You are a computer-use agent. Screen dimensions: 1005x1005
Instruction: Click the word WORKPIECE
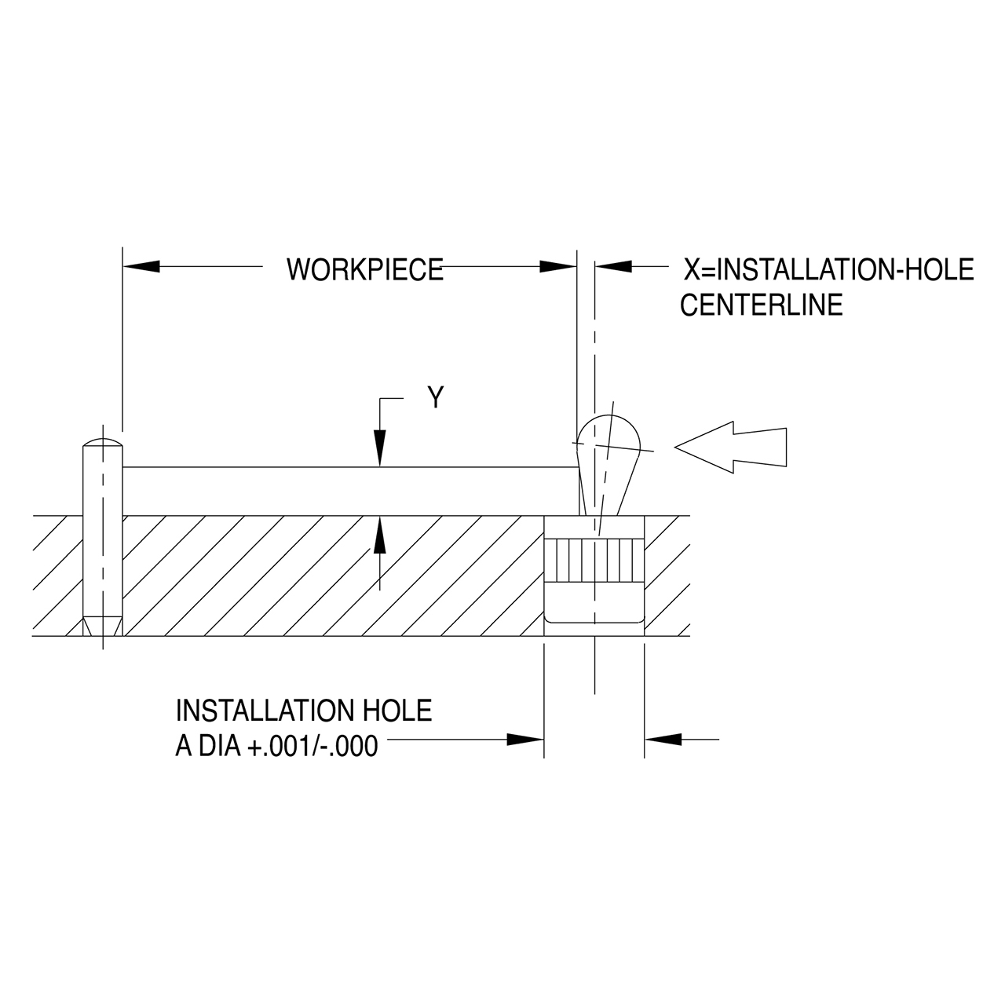click(364, 269)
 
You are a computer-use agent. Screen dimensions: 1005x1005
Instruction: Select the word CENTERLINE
click(761, 305)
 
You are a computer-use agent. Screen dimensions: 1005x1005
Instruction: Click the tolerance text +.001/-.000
click(312, 745)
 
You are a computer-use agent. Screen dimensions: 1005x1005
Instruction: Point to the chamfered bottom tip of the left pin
click(102, 626)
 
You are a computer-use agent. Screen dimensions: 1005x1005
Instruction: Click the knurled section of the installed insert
click(594, 559)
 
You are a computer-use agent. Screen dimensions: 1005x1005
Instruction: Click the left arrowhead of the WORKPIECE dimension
click(141, 267)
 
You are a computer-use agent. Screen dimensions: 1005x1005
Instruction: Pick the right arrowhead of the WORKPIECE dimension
click(558, 267)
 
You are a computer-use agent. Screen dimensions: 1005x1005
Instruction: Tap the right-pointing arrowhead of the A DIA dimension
click(525, 740)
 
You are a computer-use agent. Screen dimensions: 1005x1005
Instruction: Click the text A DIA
click(209, 745)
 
